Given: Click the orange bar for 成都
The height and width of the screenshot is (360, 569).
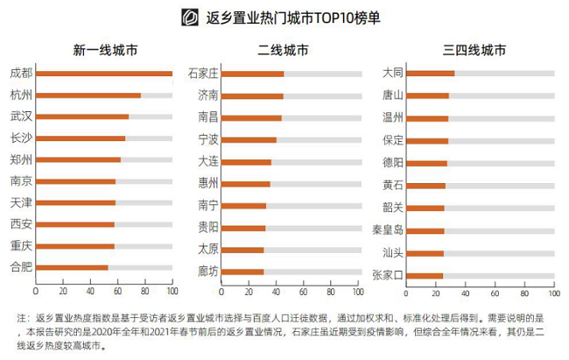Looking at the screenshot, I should [x=103, y=73].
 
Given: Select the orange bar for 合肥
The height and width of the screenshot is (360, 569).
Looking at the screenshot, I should [x=72, y=267].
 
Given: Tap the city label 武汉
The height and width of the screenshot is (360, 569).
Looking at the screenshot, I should [x=21, y=116].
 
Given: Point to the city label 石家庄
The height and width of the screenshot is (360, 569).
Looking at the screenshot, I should [x=203, y=73].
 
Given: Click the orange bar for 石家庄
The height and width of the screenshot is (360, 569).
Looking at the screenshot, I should [x=252, y=73].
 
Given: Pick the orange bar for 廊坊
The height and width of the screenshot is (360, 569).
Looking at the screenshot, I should [x=242, y=272].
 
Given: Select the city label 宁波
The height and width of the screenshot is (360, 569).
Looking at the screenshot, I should [x=208, y=139].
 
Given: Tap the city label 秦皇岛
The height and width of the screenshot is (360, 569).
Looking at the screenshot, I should [x=388, y=231].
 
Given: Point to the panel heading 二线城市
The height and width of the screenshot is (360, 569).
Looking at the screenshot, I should [x=284, y=49].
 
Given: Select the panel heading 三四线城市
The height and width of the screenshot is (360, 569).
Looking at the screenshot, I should [x=469, y=49].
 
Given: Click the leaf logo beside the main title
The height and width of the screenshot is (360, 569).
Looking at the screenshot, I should [x=187, y=17].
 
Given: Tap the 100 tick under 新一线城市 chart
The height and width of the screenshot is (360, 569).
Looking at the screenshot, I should [x=172, y=291].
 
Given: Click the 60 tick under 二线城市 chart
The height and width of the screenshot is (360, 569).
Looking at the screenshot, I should [x=304, y=291].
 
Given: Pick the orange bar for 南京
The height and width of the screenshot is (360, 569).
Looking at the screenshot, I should [x=75, y=181].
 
